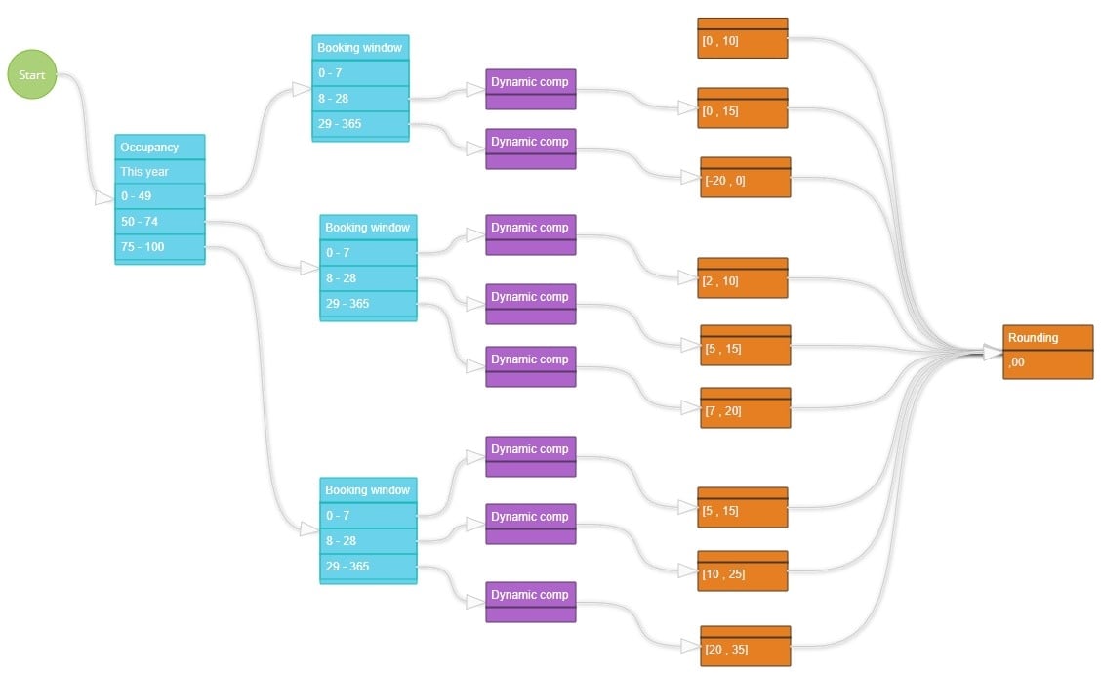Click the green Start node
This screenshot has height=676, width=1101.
pos(32,75)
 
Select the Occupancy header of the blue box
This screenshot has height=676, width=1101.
pos(159,148)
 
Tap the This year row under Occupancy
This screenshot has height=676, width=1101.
pos(159,172)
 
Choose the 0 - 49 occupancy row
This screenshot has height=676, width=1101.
pos(159,196)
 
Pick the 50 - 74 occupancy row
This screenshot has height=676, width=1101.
pos(159,222)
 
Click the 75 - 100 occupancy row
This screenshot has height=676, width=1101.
pos(159,247)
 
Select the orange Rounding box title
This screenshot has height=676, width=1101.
pos(1047,338)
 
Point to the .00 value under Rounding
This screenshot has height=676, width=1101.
pos(1047,362)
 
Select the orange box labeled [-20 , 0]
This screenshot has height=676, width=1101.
pos(745,180)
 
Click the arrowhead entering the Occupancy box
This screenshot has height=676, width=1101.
pos(103,198)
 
